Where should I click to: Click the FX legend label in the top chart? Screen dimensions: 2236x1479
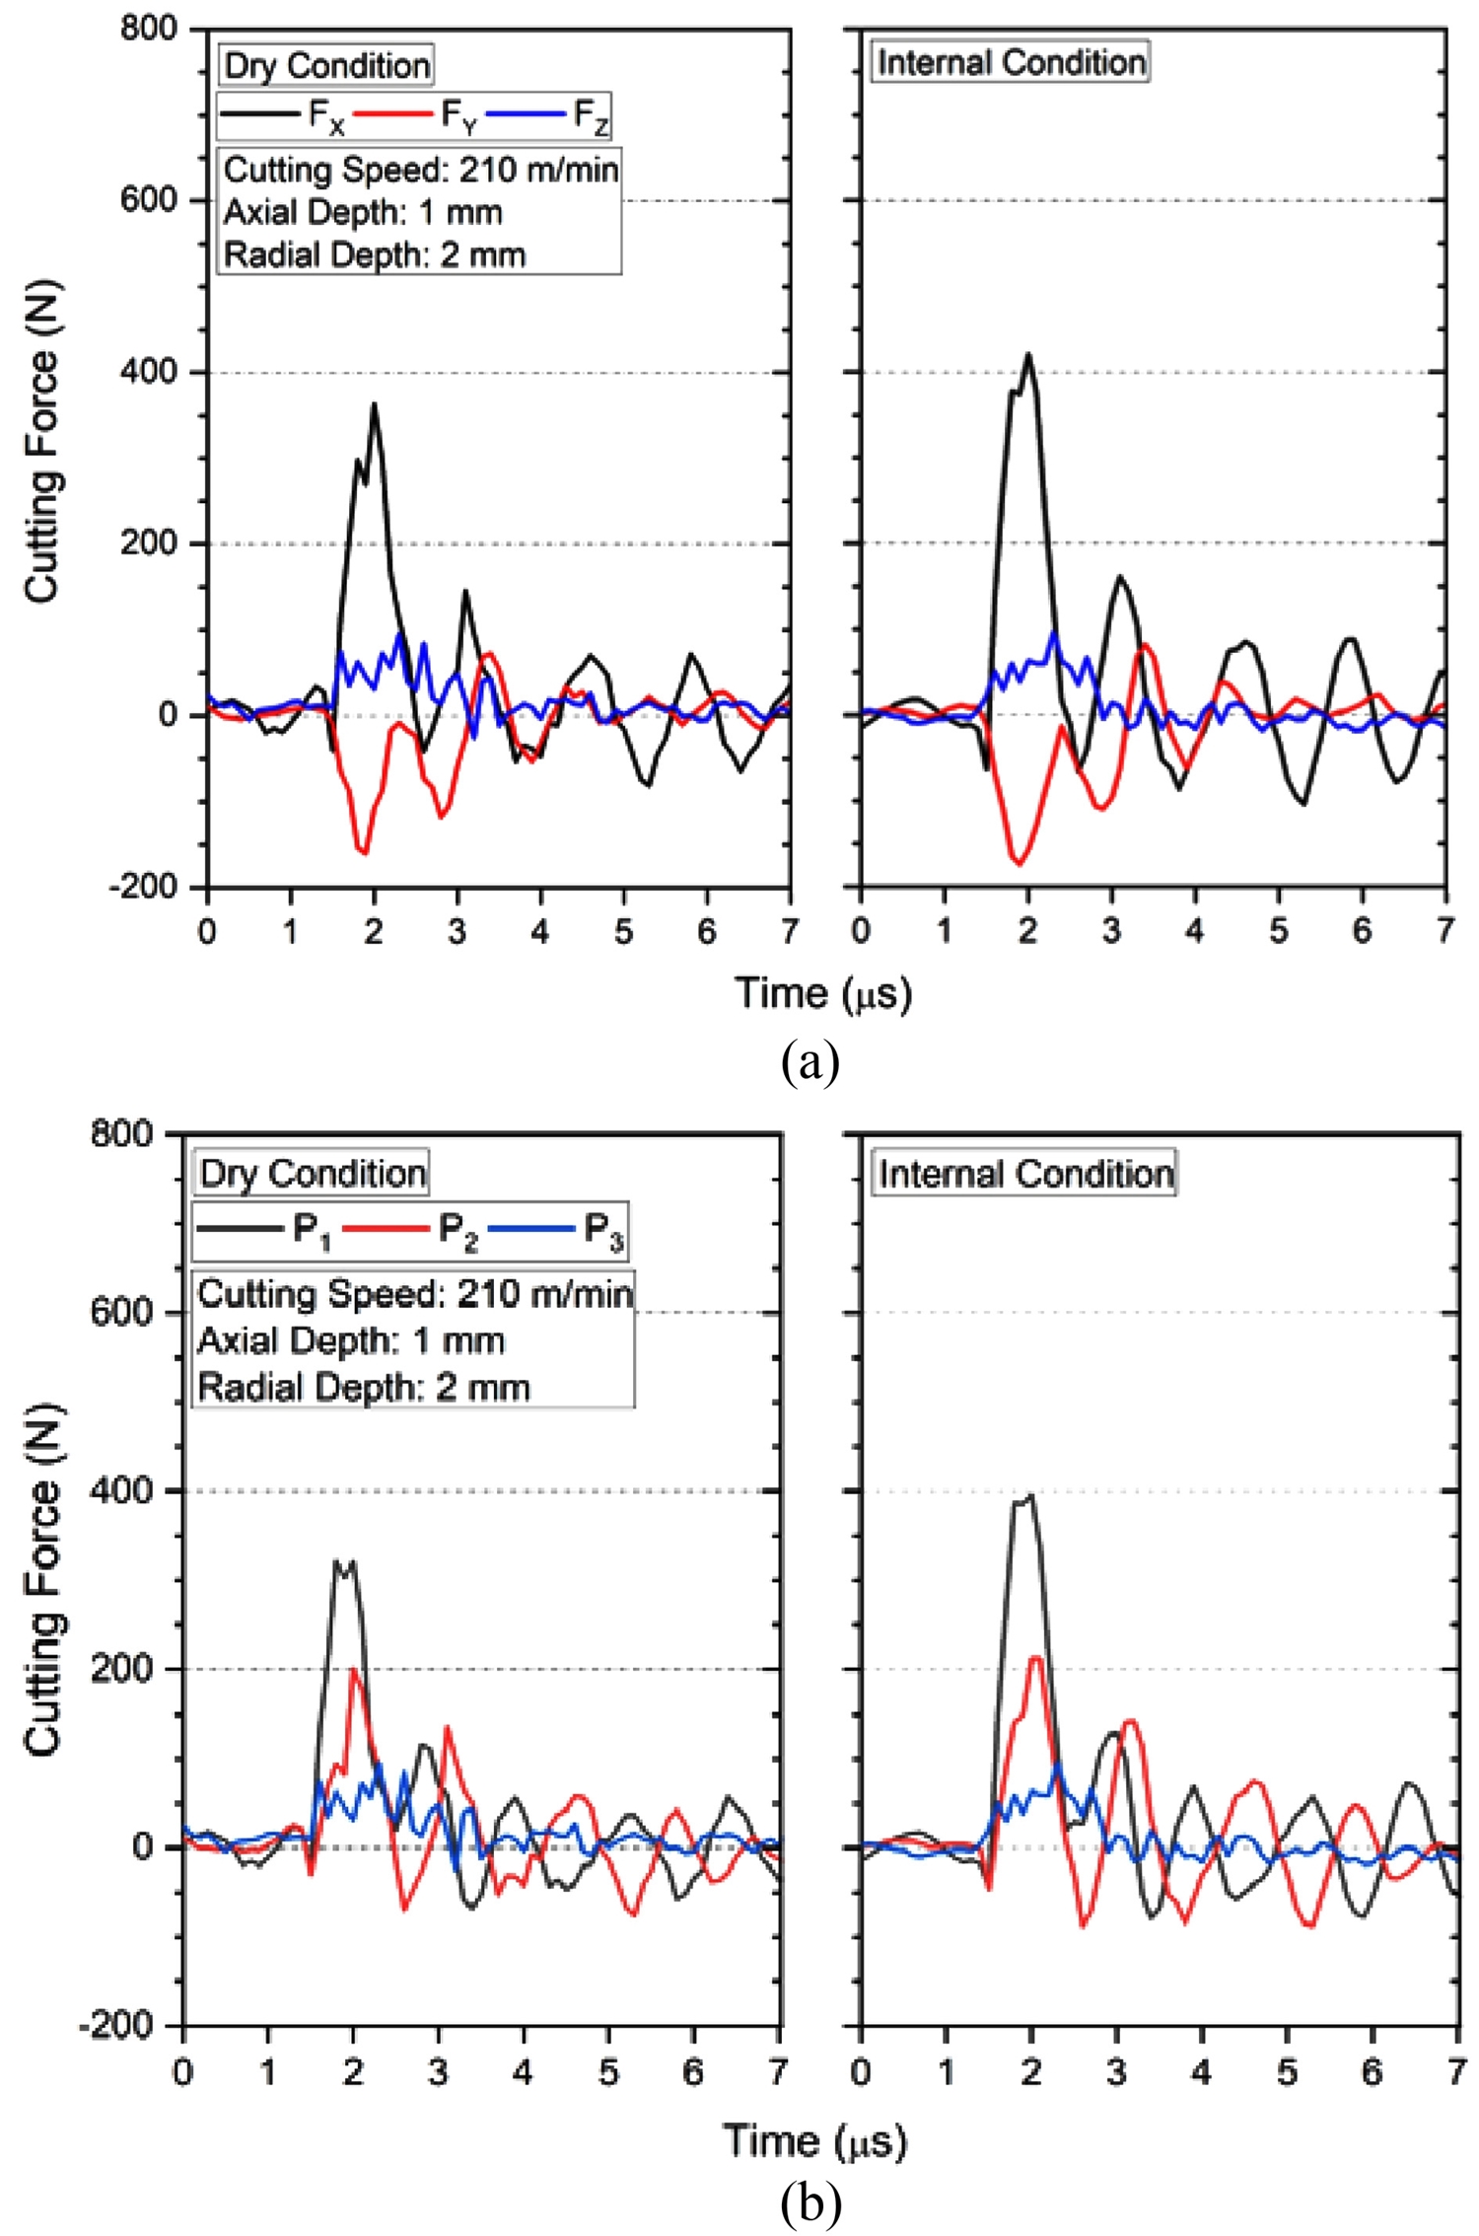(x=325, y=117)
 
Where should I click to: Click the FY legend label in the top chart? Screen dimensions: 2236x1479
(x=458, y=117)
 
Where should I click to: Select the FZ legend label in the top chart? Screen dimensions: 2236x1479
(x=592, y=117)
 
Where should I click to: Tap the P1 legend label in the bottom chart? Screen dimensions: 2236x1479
(x=312, y=1232)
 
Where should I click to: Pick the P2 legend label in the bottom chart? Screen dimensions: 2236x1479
(x=458, y=1232)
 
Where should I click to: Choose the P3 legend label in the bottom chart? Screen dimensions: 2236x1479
(x=603, y=1232)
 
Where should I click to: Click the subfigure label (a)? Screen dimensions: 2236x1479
(x=810, y=1062)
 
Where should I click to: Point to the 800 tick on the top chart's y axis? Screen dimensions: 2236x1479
(x=148, y=29)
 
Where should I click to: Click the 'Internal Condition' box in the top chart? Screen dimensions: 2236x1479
(x=1012, y=62)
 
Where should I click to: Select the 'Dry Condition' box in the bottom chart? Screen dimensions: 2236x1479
(x=313, y=1174)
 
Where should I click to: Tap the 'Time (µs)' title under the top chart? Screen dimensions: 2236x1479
(x=823, y=993)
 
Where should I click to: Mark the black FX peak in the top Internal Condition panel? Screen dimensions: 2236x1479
(x=1028, y=354)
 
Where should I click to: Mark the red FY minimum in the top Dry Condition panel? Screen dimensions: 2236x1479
(x=365, y=852)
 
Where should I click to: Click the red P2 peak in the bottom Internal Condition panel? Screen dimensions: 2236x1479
(x=1035, y=1657)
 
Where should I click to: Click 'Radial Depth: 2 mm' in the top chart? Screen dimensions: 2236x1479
(x=375, y=254)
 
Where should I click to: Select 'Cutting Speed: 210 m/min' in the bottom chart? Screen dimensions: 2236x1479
(x=415, y=1294)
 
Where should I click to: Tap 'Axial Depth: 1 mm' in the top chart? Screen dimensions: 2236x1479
(x=363, y=212)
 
